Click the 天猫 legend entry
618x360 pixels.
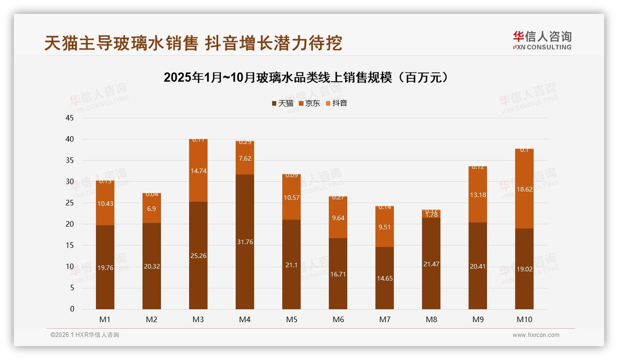click(x=282, y=103)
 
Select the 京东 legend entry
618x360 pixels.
click(x=309, y=103)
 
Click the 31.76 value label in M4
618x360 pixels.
click(x=244, y=242)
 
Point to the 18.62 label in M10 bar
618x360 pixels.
click(x=524, y=189)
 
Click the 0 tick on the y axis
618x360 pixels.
click(x=72, y=309)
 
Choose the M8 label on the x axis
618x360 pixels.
click(x=431, y=319)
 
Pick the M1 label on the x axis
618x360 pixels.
click(x=105, y=319)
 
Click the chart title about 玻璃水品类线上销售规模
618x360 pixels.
click(x=306, y=78)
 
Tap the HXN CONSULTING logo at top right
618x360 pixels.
click(x=542, y=40)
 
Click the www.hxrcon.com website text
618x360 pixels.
click(x=536, y=335)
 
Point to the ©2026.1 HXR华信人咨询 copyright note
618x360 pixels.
click(x=84, y=335)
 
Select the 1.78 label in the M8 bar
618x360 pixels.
click(x=431, y=215)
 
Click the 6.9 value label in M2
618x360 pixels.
click(x=151, y=209)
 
